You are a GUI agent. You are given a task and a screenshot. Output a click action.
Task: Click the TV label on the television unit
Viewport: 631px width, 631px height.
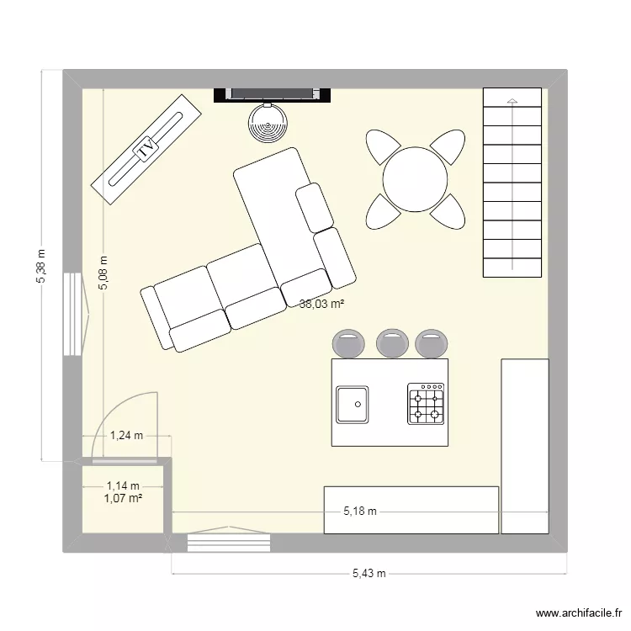pyautogui.click(x=146, y=150)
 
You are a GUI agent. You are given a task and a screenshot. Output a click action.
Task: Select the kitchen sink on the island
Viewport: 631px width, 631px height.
pyautogui.click(x=353, y=404)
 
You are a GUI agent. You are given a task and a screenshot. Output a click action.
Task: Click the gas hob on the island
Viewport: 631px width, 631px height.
pyautogui.click(x=426, y=404)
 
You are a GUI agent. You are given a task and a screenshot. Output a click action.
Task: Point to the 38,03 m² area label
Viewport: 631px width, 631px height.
pyautogui.click(x=322, y=305)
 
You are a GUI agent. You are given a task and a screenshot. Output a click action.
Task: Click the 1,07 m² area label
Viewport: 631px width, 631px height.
pyautogui.click(x=123, y=498)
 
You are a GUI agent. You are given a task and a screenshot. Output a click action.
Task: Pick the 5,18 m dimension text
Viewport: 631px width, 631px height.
pyautogui.click(x=359, y=511)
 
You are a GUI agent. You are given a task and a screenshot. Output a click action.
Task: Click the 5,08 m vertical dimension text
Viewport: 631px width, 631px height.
pyautogui.click(x=103, y=273)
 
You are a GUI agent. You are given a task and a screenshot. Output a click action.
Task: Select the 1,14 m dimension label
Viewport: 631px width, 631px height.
pyautogui.click(x=123, y=485)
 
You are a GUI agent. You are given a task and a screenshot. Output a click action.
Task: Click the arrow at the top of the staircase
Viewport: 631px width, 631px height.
pyautogui.click(x=512, y=102)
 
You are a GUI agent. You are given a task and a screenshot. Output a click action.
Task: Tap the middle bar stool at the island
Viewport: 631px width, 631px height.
pyautogui.click(x=390, y=342)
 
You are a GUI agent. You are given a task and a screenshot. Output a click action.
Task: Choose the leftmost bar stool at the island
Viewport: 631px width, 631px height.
pyautogui.click(x=348, y=342)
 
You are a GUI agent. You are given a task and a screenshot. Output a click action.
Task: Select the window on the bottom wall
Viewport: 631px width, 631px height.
pyautogui.click(x=229, y=540)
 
